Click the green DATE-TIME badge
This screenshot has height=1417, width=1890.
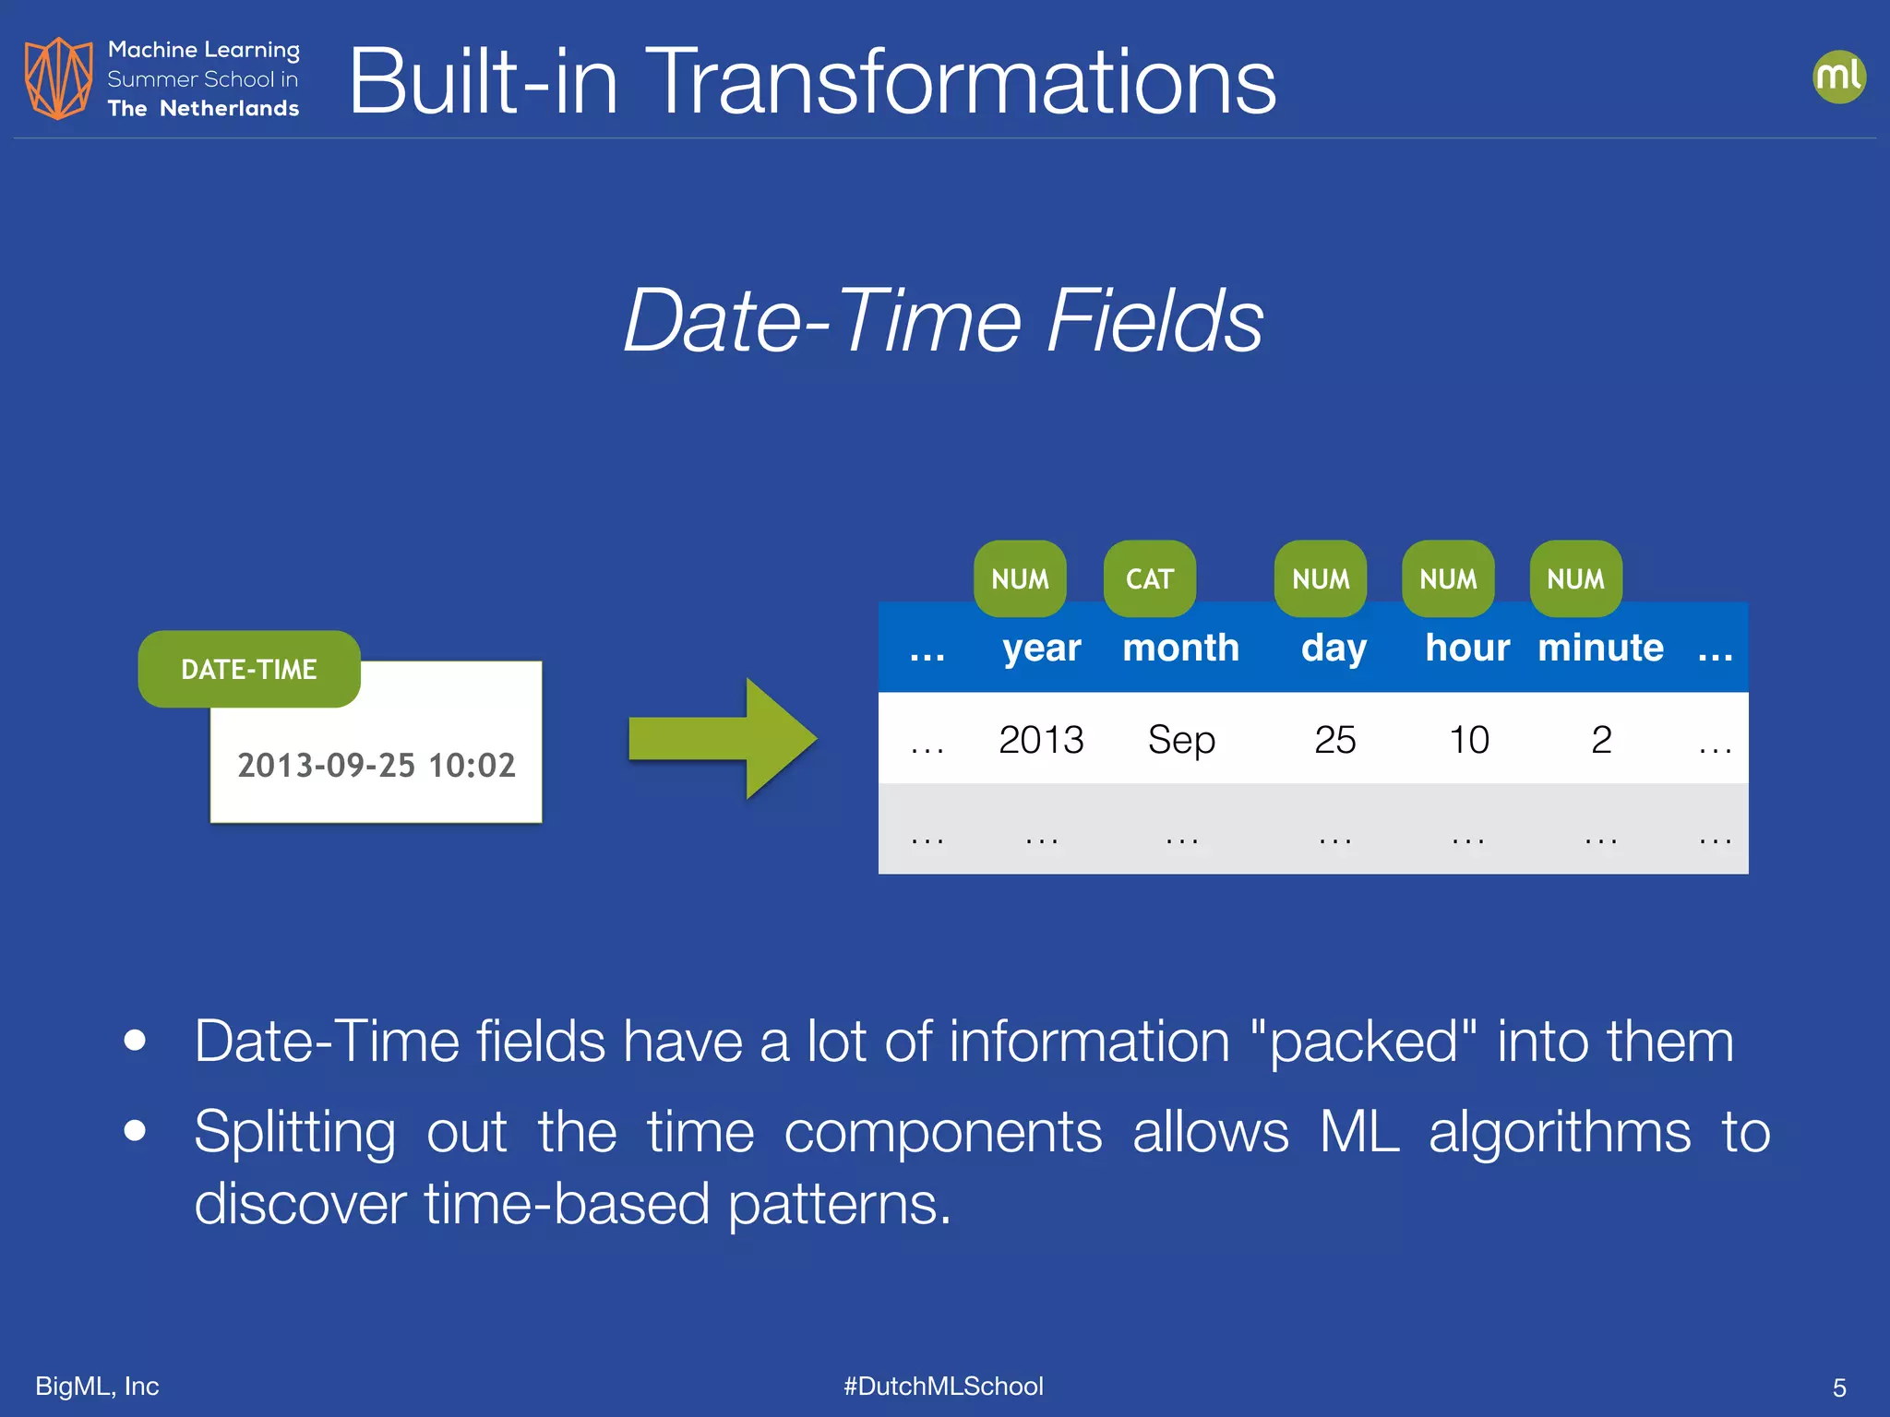(x=249, y=669)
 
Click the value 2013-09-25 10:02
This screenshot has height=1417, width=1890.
(x=377, y=765)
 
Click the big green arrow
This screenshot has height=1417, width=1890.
(x=723, y=738)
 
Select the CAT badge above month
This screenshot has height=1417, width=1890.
(x=1149, y=578)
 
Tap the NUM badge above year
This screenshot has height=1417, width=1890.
(x=1020, y=578)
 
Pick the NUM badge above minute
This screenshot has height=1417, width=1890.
(x=1575, y=578)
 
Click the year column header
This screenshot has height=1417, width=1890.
(x=1041, y=648)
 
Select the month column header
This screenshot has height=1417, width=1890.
(x=1180, y=648)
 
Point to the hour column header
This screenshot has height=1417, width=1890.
(x=1467, y=648)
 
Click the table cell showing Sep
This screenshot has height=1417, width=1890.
(x=1181, y=739)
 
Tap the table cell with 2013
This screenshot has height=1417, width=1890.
(x=1041, y=739)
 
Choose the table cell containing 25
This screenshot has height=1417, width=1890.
(x=1334, y=739)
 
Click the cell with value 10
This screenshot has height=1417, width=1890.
(x=1468, y=739)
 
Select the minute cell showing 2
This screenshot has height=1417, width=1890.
(x=1601, y=739)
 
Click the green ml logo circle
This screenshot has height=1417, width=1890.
(x=1838, y=77)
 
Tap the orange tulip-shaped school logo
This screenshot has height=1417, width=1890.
(x=58, y=77)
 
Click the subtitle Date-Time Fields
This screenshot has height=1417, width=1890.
(x=943, y=320)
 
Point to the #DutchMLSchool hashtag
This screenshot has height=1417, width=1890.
(x=943, y=1386)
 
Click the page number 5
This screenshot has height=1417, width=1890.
(x=1838, y=1387)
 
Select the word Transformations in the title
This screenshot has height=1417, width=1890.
(x=960, y=82)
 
